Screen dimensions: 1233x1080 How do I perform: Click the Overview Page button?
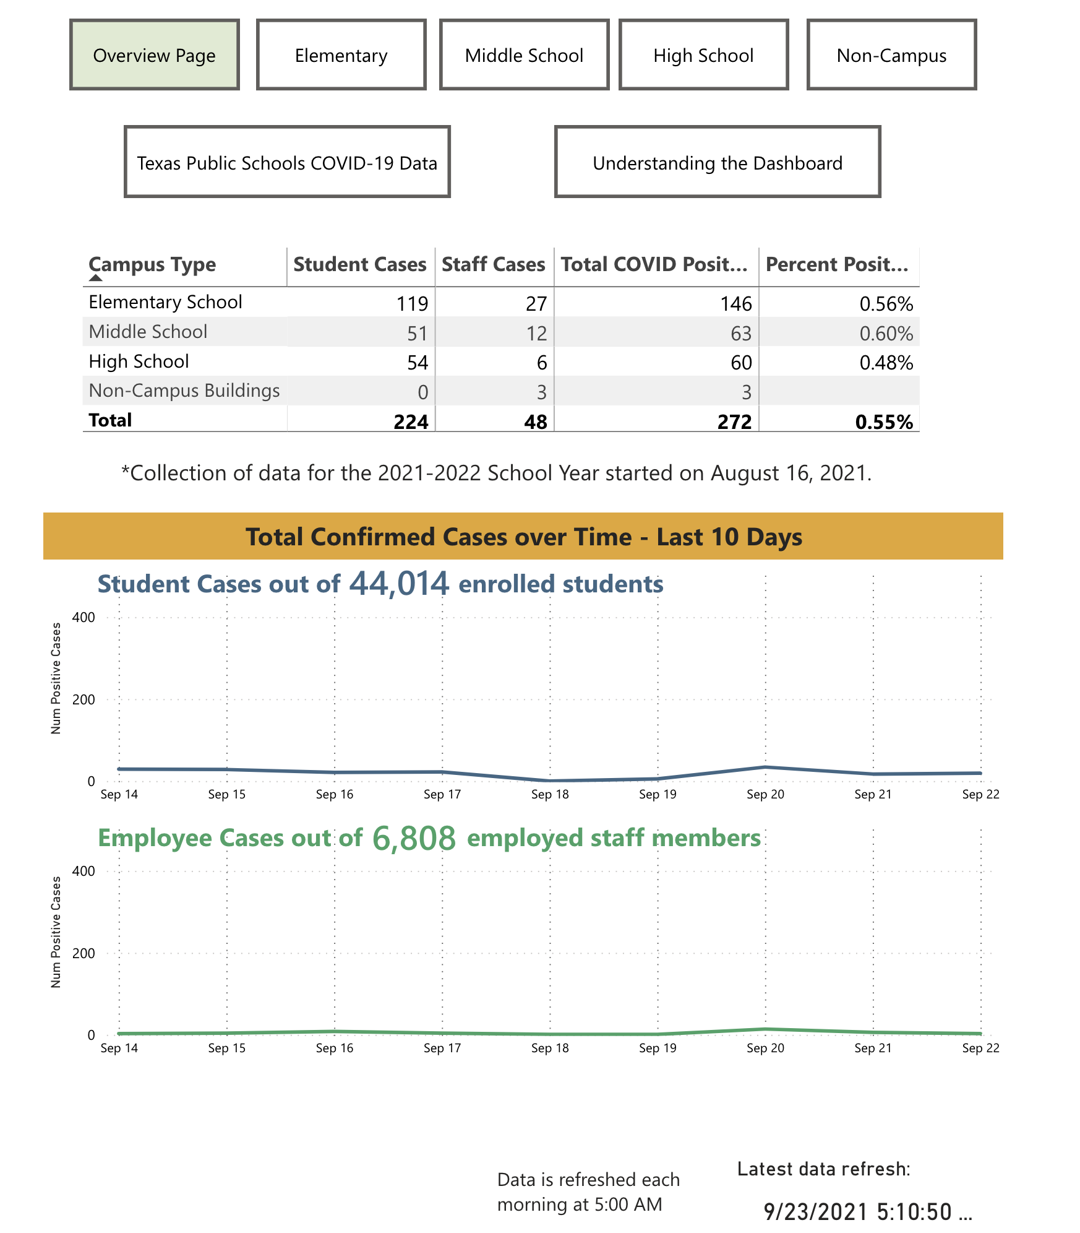(x=154, y=55)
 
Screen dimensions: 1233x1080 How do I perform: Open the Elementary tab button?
(x=341, y=55)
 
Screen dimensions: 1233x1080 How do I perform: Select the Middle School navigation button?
(x=524, y=55)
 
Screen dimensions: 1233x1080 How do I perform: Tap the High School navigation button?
(x=703, y=55)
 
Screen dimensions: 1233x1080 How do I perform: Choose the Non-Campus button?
(x=891, y=55)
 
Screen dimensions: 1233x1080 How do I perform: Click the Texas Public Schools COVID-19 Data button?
(x=287, y=162)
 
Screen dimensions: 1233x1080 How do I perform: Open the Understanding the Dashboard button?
(x=718, y=162)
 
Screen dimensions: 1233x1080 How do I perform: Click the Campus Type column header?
(x=152, y=264)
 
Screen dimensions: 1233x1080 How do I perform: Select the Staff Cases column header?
(x=493, y=264)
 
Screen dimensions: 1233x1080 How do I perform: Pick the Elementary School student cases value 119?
(x=412, y=303)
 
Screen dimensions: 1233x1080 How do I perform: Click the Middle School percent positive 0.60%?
(x=886, y=334)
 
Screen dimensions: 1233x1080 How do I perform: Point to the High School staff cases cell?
(x=541, y=363)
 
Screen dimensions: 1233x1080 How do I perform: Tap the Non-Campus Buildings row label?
(x=184, y=391)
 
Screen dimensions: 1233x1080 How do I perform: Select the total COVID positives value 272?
(x=734, y=422)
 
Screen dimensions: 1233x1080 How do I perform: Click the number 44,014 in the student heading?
(x=399, y=583)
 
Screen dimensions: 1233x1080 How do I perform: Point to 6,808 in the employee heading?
(x=414, y=838)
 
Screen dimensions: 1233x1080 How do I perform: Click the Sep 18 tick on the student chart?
(x=550, y=794)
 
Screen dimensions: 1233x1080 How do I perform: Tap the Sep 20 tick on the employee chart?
(x=765, y=1048)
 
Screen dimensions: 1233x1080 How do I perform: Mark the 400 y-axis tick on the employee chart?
(x=84, y=871)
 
